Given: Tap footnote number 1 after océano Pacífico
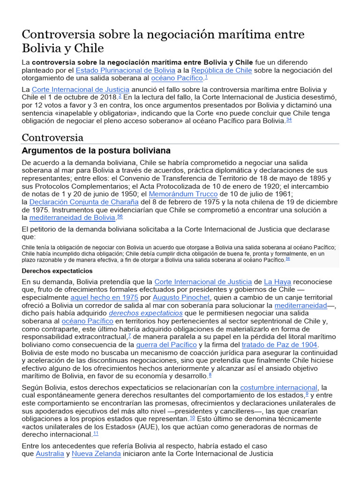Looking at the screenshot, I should [x=206, y=77].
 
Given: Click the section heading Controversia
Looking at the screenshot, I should [x=52, y=137].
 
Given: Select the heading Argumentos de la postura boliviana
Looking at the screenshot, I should [x=96, y=150].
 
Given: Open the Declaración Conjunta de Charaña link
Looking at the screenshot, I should [x=84, y=202].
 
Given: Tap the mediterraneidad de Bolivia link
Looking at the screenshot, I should [x=73, y=217].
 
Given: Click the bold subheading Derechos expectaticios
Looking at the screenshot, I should [x=57, y=271].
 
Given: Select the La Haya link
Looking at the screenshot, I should [x=277, y=282].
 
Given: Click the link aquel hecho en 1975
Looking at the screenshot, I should [x=104, y=297].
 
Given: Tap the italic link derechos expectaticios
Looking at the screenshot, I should [x=145, y=313].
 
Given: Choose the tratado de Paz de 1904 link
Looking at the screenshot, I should [x=279, y=345].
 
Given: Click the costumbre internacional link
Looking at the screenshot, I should [x=278, y=388].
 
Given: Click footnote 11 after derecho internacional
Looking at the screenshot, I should [x=96, y=433].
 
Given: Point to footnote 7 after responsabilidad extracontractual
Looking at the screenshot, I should [x=129, y=335].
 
